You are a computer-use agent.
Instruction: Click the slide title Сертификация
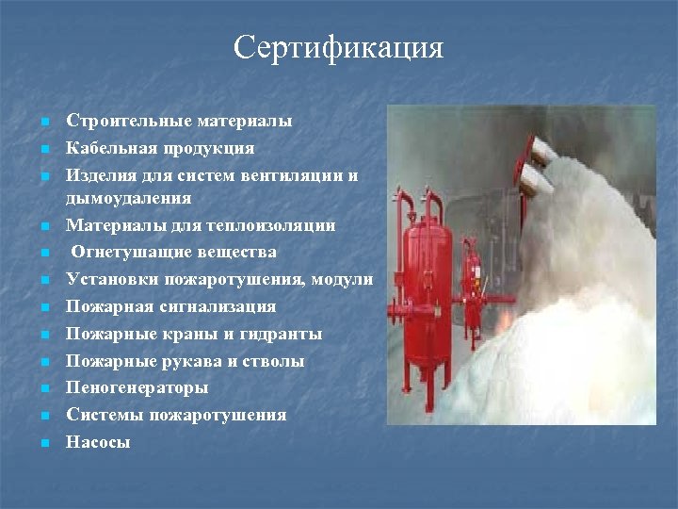(338, 46)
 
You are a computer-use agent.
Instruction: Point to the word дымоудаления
(129, 198)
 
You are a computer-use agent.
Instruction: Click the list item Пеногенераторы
(137, 387)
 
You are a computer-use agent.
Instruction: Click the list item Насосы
(98, 441)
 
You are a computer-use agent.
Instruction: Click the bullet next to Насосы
(45, 442)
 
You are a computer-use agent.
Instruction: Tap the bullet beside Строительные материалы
(45, 122)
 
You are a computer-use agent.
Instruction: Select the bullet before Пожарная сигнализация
(45, 307)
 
